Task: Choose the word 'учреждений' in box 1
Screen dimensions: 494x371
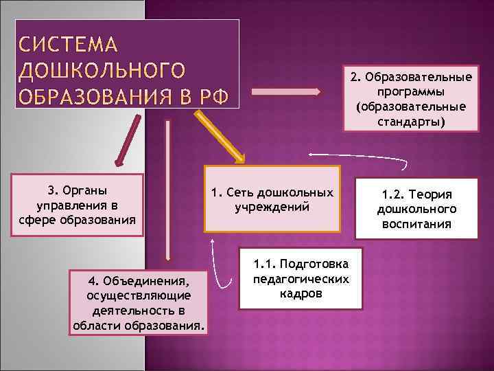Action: pos(272,207)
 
